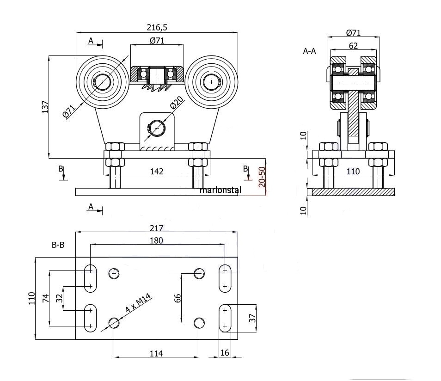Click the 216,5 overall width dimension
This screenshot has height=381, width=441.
click(157, 27)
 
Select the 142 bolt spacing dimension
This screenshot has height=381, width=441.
click(157, 171)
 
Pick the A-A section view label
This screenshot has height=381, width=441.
click(309, 51)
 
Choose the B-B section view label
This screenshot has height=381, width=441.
click(58, 246)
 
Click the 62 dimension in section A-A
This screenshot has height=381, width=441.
click(353, 45)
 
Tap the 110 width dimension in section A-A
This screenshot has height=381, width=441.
click(353, 171)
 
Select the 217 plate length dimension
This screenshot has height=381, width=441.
click(157, 228)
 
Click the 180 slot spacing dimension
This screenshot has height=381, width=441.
click(157, 240)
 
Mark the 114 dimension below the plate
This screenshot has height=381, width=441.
click(156, 353)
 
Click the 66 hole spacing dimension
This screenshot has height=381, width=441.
click(178, 298)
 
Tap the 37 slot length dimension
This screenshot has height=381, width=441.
click(252, 318)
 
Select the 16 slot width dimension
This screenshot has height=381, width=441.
click(225, 353)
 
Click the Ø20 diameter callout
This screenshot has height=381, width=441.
click(177, 104)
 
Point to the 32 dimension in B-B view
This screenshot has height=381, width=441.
click(59, 299)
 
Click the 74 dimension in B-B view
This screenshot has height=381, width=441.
click(45, 299)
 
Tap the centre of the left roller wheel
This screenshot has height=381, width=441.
click(102, 82)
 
